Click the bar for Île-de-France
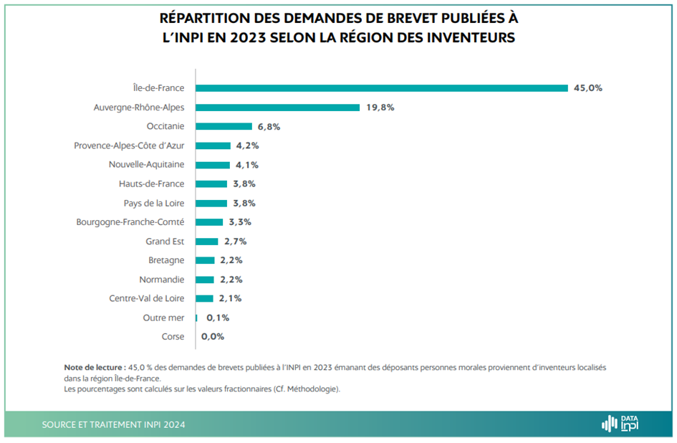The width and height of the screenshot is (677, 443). pyautogui.click(x=382, y=88)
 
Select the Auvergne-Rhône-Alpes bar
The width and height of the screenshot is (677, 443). pyautogui.click(x=277, y=108)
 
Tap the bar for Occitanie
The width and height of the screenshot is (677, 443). pyautogui.click(x=224, y=126)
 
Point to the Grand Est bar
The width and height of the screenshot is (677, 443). pyautogui.click(x=206, y=242)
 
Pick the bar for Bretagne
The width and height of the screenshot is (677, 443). pyautogui.click(x=205, y=260)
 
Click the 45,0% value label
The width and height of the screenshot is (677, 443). pyautogui.click(x=588, y=88)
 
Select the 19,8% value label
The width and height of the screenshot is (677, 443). pyautogui.click(x=380, y=108)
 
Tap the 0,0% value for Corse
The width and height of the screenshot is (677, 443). pyautogui.click(x=213, y=337)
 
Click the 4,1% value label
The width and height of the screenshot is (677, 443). pyautogui.click(x=247, y=165)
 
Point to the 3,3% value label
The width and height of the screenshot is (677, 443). pyautogui.click(x=240, y=222)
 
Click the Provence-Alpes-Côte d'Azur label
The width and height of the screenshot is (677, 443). pyautogui.click(x=129, y=146)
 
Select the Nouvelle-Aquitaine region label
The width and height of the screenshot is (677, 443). pyautogui.click(x=146, y=165)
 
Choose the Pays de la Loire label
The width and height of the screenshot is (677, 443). pyautogui.click(x=153, y=203)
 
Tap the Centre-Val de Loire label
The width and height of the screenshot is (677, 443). pyautogui.click(x=146, y=298)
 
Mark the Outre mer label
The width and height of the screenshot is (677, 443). pyautogui.click(x=163, y=318)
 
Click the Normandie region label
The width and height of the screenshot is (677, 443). pyautogui.click(x=161, y=280)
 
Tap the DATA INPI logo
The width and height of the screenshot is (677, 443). pyautogui.click(x=620, y=424)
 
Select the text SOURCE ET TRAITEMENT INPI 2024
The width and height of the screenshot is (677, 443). pyautogui.click(x=113, y=424)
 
